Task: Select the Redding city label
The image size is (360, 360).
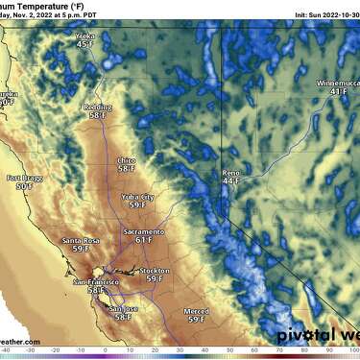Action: pos(97,107)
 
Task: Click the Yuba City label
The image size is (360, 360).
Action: pos(138,196)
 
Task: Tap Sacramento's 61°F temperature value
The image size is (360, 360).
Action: pos(142,241)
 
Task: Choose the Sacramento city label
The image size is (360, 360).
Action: pos(143,232)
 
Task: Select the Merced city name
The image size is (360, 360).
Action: pos(197,311)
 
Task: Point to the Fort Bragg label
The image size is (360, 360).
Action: pos(23,179)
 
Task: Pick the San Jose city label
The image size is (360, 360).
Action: pos(123,308)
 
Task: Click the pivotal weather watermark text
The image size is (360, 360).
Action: pos(318,336)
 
